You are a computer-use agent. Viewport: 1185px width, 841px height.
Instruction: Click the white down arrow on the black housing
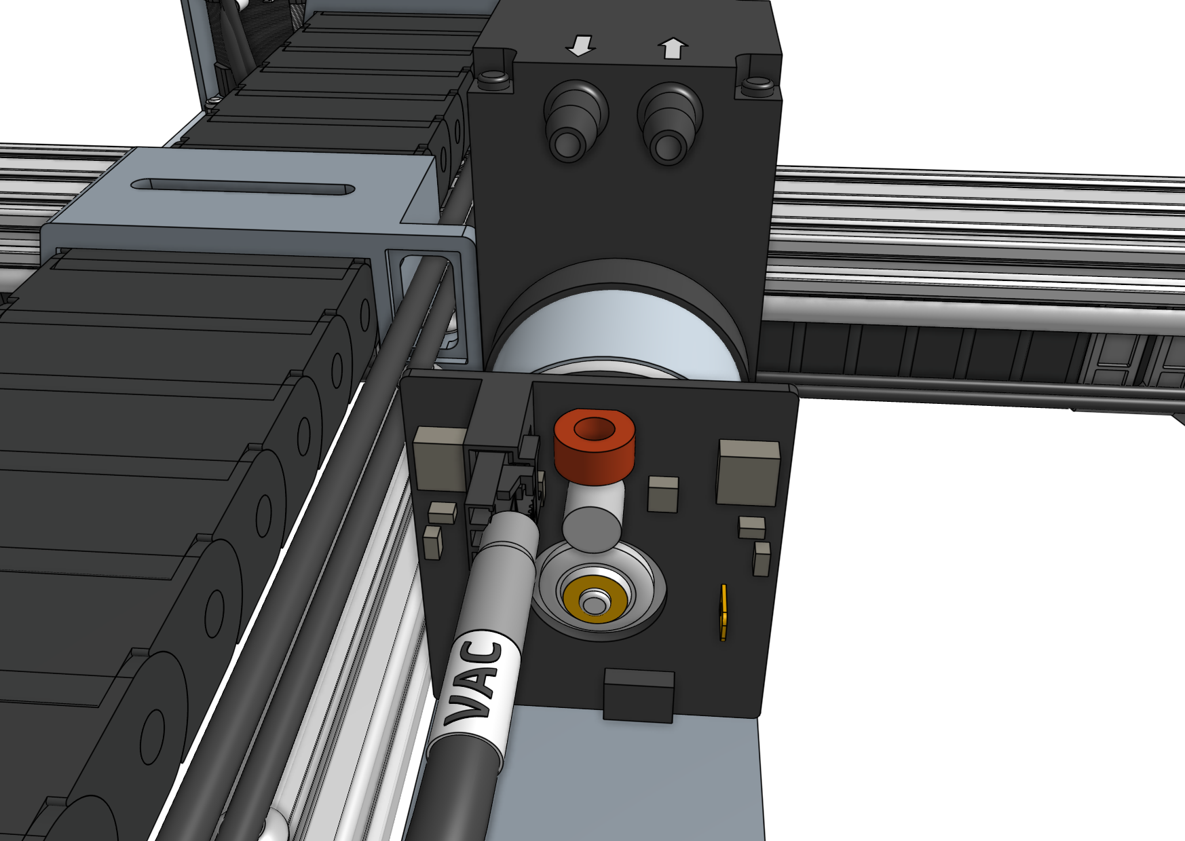pyautogui.click(x=580, y=47)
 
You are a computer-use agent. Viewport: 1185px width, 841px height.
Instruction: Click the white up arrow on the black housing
pyautogui.click(x=673, y=49)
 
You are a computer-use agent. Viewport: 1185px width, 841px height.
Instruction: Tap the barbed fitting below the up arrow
pyautogui.click(x=669, y=125)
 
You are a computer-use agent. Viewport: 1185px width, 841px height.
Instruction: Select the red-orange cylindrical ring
pyautogui.click(x=595, y=447)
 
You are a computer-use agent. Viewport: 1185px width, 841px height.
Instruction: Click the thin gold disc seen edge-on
pyautogui.click(x=723, y=612)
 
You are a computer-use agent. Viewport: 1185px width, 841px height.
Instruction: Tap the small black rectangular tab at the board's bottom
pyautogui.click(x=639, y=694)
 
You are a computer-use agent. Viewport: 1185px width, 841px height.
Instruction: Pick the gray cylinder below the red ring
pyautogui.click(x=592, y=519)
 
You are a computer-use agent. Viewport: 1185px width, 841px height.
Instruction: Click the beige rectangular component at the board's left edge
pyautogui.click(x=439, y=458)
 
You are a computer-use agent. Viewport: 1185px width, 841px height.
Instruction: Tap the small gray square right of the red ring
pyautogui.click(x=662, y=493)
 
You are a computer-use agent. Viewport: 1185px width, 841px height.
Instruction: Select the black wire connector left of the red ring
pyautogui.click(x=502, y=475)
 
